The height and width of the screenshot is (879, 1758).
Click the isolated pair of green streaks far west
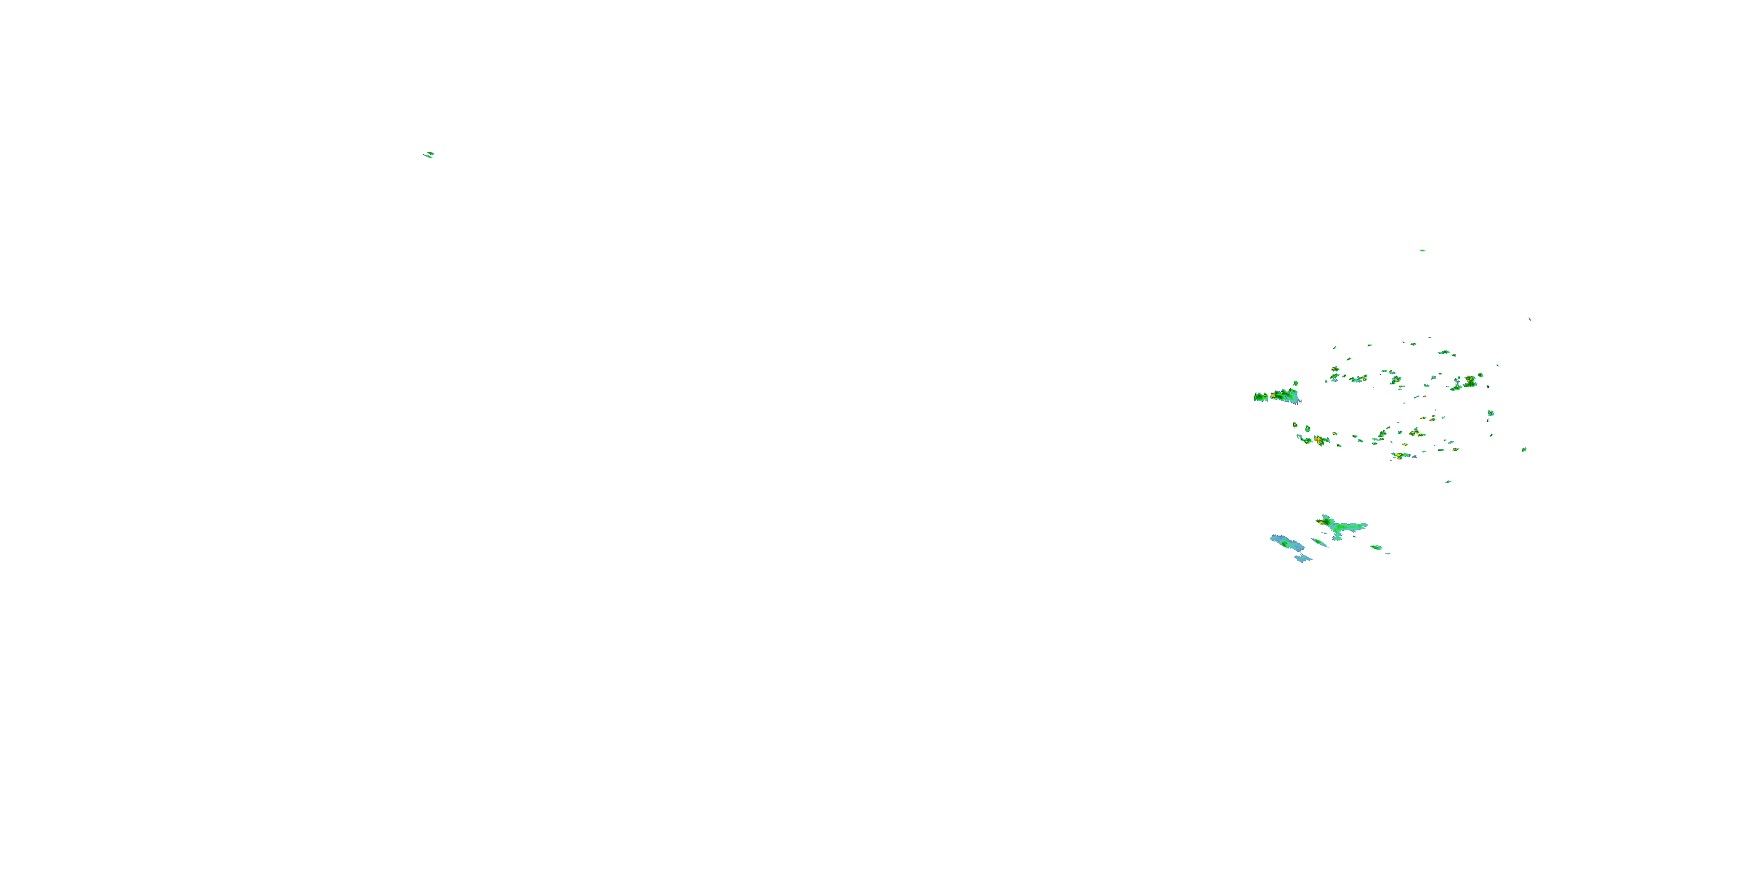pyautogui.click(x=428, y=154)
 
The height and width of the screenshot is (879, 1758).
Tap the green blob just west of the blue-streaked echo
pyautogui.click(x=1260, y=397)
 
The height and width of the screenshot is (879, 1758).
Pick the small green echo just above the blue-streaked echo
pyautogui.click(x=1295, y=384)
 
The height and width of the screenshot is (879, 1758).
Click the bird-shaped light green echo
pyautogui.click(x=1340, y=526)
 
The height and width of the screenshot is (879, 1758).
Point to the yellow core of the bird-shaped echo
pyautogui.click(x=1326, y=522)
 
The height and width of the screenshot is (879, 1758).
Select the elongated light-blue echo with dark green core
pyautogui.click(x=1286, y=543)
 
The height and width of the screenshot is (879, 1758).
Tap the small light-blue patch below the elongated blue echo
pyautogui.click(x=1303, y=559)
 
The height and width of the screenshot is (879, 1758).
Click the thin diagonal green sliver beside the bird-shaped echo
pyautogui.click(x=1320, y=543)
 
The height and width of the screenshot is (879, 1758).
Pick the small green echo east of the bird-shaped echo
pyautogui.click(x=1377, y=547)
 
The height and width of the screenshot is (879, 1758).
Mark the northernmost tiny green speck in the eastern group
pyautogui.click(x=1422, y=250)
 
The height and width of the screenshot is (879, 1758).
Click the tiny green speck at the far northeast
pyautogui.click(x=1529, y=319)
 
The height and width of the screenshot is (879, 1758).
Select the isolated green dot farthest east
pyautogui.click(x=1524, y=449)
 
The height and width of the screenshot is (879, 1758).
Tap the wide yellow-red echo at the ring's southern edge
pyautogui.click(x=1402, y=455)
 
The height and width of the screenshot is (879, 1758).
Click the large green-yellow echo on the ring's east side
pyautogui.click(x=1465, y=383)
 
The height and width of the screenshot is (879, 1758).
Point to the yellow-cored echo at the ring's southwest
pyautogui.click(x=1318, y=440)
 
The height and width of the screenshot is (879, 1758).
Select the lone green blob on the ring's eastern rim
pyautogui.click(x=1490, y=413)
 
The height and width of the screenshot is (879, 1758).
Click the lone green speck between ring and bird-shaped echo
pyautogui.click(x=1447, y=482)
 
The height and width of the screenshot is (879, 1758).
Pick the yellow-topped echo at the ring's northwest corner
pyautogui.click(x=1334, y=370)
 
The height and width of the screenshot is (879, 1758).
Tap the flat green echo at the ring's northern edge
pyautogui.click(x=1444, y=353)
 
